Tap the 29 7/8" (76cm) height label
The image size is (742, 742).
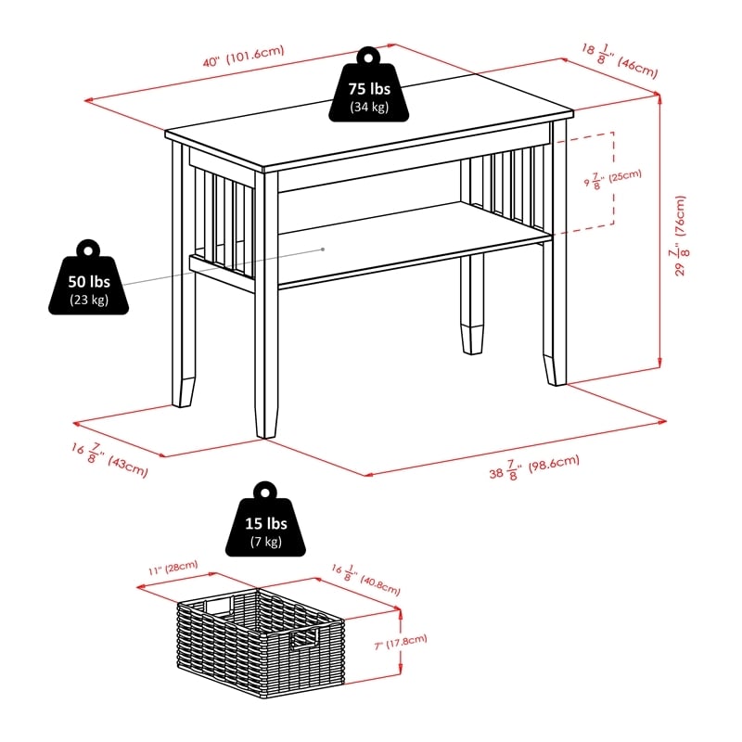682,236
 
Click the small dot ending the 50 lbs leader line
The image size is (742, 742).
323,249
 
